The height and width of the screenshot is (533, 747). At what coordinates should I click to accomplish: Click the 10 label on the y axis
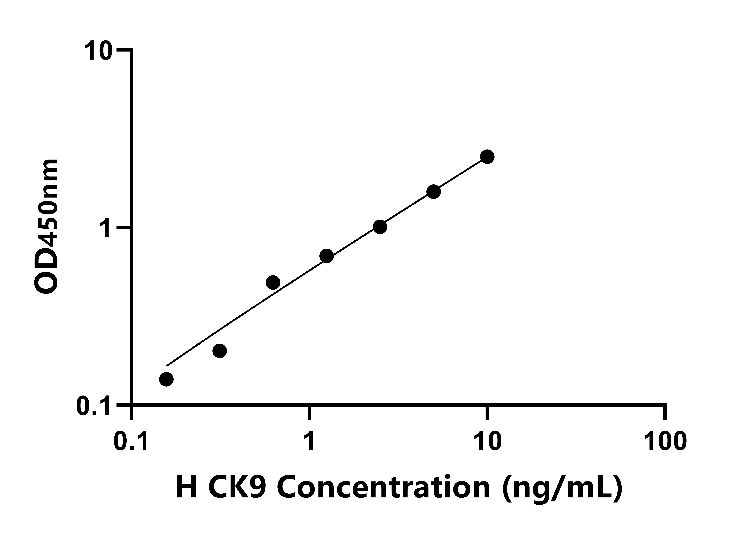pyautogui.click(x=99, y=52)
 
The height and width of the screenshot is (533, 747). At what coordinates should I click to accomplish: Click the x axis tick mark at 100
pyautogui.click(x=665, y=413)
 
